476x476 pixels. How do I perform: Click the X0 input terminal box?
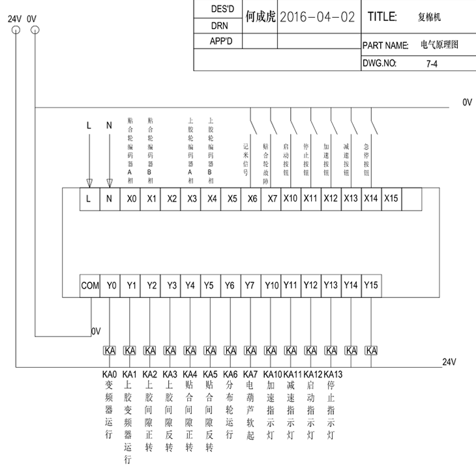tap(130, 199)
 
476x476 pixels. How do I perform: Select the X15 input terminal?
tap(391, 199)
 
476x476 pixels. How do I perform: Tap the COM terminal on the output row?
tap(90, 285)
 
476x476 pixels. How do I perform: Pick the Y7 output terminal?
tap(250, 285)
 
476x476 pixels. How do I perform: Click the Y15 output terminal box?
tap(370, 285)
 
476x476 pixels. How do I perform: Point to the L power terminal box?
tap(89, 199)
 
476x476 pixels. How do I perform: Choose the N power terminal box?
tap(109, 199)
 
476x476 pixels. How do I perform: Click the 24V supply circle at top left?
tap(14, 30)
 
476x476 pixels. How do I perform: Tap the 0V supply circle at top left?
tap(34, 30)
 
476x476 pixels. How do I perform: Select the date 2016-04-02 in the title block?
tap(318, 17)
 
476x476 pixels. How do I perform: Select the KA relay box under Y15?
tap(371, 350)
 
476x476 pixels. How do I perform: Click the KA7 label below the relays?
tap(250, 374)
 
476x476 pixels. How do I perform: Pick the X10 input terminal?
tap(290, 199)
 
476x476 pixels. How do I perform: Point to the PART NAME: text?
tap(385, 46)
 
